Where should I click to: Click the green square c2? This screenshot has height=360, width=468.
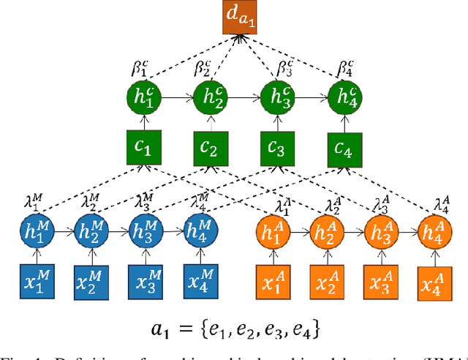tap(209, 151)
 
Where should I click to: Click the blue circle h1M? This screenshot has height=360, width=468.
tap(37, 232)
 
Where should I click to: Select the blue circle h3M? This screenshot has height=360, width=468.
tap(146, 232)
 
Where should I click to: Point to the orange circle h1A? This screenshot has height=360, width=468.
tap(272, 232)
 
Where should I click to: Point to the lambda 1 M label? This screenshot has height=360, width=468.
tap(28, 202)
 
